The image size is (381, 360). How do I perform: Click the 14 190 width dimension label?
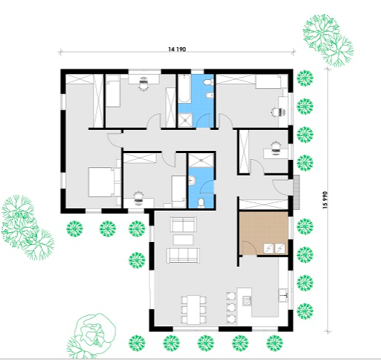click(177, 49)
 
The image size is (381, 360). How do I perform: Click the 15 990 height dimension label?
click(326, 200)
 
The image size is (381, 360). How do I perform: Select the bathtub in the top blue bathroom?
click(185, 89)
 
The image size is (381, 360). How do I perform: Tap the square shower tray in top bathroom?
click(185, 120)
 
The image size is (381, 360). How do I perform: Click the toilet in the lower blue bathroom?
click(201, 202)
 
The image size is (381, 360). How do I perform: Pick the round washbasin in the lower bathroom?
click(192, 180)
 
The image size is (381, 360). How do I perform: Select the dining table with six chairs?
click(193, 309)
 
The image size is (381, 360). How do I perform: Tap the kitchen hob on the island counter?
click(247, 301)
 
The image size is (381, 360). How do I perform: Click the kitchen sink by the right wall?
click(283, 295)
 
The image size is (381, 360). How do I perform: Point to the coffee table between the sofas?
click(183, 240)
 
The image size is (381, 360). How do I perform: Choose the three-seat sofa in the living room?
click(183, 255)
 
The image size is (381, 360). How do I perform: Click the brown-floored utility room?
click(264, 233)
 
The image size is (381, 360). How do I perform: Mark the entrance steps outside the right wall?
click(297, 192)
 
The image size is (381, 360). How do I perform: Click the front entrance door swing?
click(281, 187)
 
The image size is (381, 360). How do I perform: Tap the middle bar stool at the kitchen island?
click(231, 308)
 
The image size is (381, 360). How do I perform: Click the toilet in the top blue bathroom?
click(208, 81)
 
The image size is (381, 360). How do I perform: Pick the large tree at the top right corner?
click(328, 40)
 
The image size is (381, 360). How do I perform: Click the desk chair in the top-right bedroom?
click(275, 112)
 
